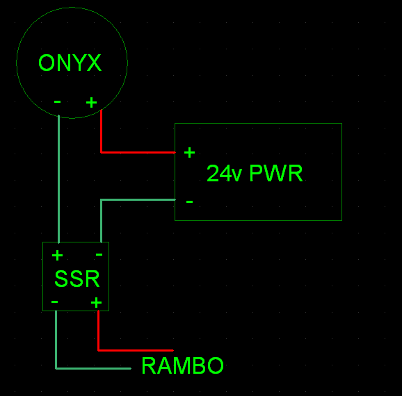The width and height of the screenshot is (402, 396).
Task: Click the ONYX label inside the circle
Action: [70, 63]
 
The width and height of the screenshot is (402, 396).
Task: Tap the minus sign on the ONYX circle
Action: [57, 102]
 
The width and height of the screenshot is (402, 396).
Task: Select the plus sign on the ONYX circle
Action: [91, 103]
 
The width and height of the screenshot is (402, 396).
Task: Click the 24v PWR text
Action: [255, 174]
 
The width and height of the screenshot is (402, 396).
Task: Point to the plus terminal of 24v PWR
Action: [189, 152]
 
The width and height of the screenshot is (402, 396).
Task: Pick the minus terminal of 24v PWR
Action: [189, 201]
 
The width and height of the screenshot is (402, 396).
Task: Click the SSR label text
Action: [77, 279]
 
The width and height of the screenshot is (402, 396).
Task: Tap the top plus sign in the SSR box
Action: [57, 256]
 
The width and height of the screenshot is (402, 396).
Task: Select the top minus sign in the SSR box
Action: [99, 255]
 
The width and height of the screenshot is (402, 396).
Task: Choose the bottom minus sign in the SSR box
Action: [55, 302]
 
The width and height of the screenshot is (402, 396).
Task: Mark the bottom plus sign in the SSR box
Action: [96, 302]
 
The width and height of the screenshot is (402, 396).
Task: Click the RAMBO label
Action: [182, 365]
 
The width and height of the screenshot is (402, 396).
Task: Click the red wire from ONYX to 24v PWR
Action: [139, 151]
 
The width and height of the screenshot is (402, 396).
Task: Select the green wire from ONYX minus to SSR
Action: [59, 181]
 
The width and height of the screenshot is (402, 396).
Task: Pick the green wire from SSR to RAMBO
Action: [90, 368]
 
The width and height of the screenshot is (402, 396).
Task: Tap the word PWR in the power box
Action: [275, 174]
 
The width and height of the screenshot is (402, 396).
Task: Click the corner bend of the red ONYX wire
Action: [102, 151]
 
